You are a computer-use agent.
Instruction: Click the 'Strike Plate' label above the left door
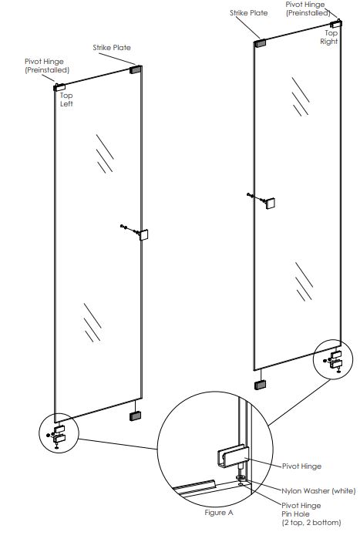(x=112, y=47)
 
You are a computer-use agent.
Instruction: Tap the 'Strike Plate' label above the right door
(x=249, y=13)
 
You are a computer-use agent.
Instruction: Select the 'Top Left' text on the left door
(x=66, y=99)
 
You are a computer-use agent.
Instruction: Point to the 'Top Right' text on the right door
(x=329, y=37)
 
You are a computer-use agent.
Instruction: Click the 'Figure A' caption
(x=219, y=513)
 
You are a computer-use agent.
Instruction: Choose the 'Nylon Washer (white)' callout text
(x=318, y=491)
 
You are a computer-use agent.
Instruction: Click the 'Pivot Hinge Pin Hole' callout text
(x=311, y=514)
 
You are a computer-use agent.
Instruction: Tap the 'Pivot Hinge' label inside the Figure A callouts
(x=301, y=466)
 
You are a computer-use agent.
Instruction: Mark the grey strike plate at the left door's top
(x=136, y=69)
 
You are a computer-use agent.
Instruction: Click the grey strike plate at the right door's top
(x=260, y=43)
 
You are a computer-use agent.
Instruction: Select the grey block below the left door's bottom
(x=135, y=416)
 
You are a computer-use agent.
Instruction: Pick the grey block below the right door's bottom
(x=260, y=385)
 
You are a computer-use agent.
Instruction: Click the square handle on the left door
(x=143, y=234)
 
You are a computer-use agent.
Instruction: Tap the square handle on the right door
(x=271, y=204)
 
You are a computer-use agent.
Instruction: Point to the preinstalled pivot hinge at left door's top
(x=59, y=87)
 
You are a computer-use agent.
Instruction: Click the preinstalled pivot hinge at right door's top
(x=336, y=24)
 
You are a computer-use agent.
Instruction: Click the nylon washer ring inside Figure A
(x=241, y=478)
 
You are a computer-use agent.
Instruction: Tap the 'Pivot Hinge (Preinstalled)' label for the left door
(x=47, y=66)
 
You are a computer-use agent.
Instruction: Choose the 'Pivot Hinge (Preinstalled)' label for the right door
(x=307, y=8)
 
